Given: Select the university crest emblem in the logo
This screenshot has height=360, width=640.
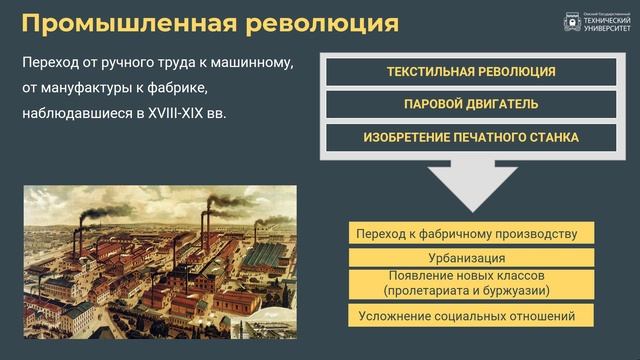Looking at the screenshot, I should (x=571, y=21).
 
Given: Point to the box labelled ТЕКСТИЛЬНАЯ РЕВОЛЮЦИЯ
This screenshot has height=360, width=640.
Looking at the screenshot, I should (x=471, y=72).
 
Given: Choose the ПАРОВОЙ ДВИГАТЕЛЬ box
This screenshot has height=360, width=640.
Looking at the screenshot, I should (x=471, y=104).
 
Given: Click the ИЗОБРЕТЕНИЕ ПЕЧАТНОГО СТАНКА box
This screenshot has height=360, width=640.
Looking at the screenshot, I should (x=471, y=137).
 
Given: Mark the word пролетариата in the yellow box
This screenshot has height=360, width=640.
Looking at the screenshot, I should (x=432, y=290).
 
